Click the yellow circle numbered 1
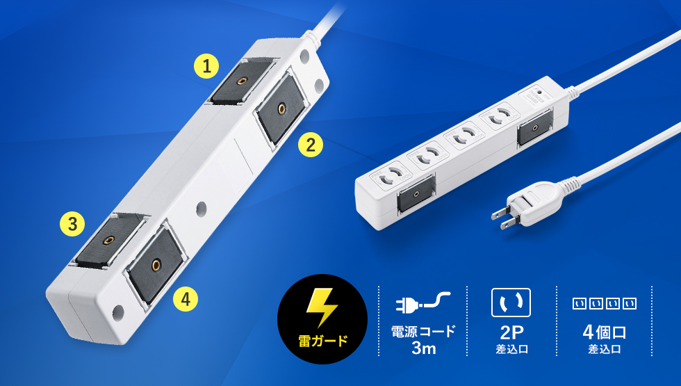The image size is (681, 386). pyautogui.click(x=206, y=66)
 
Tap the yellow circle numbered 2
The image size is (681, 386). pyautogui.click(x=311, y=145)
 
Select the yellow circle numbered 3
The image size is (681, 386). pyautogui.click(x=72, y=224)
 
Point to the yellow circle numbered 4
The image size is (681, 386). pyautogui.click(x=186, y=299)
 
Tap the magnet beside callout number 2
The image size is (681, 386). pyautogui.click(x=281, y=108)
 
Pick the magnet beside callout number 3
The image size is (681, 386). pyautogui.click(x=108, y=241)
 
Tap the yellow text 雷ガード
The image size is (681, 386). pyautogui.click(x=322, y=340)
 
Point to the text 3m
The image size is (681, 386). pyautogui.click(x=423, y=348)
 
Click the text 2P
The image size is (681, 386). pyautogui.click(x=511, y=332)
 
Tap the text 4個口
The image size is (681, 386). pyautogui.click(x=604, y=332)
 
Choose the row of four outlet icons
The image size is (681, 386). pyautogui.click(x=604, y=303)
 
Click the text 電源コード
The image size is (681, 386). pyautogui.click(x=423, y=331)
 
